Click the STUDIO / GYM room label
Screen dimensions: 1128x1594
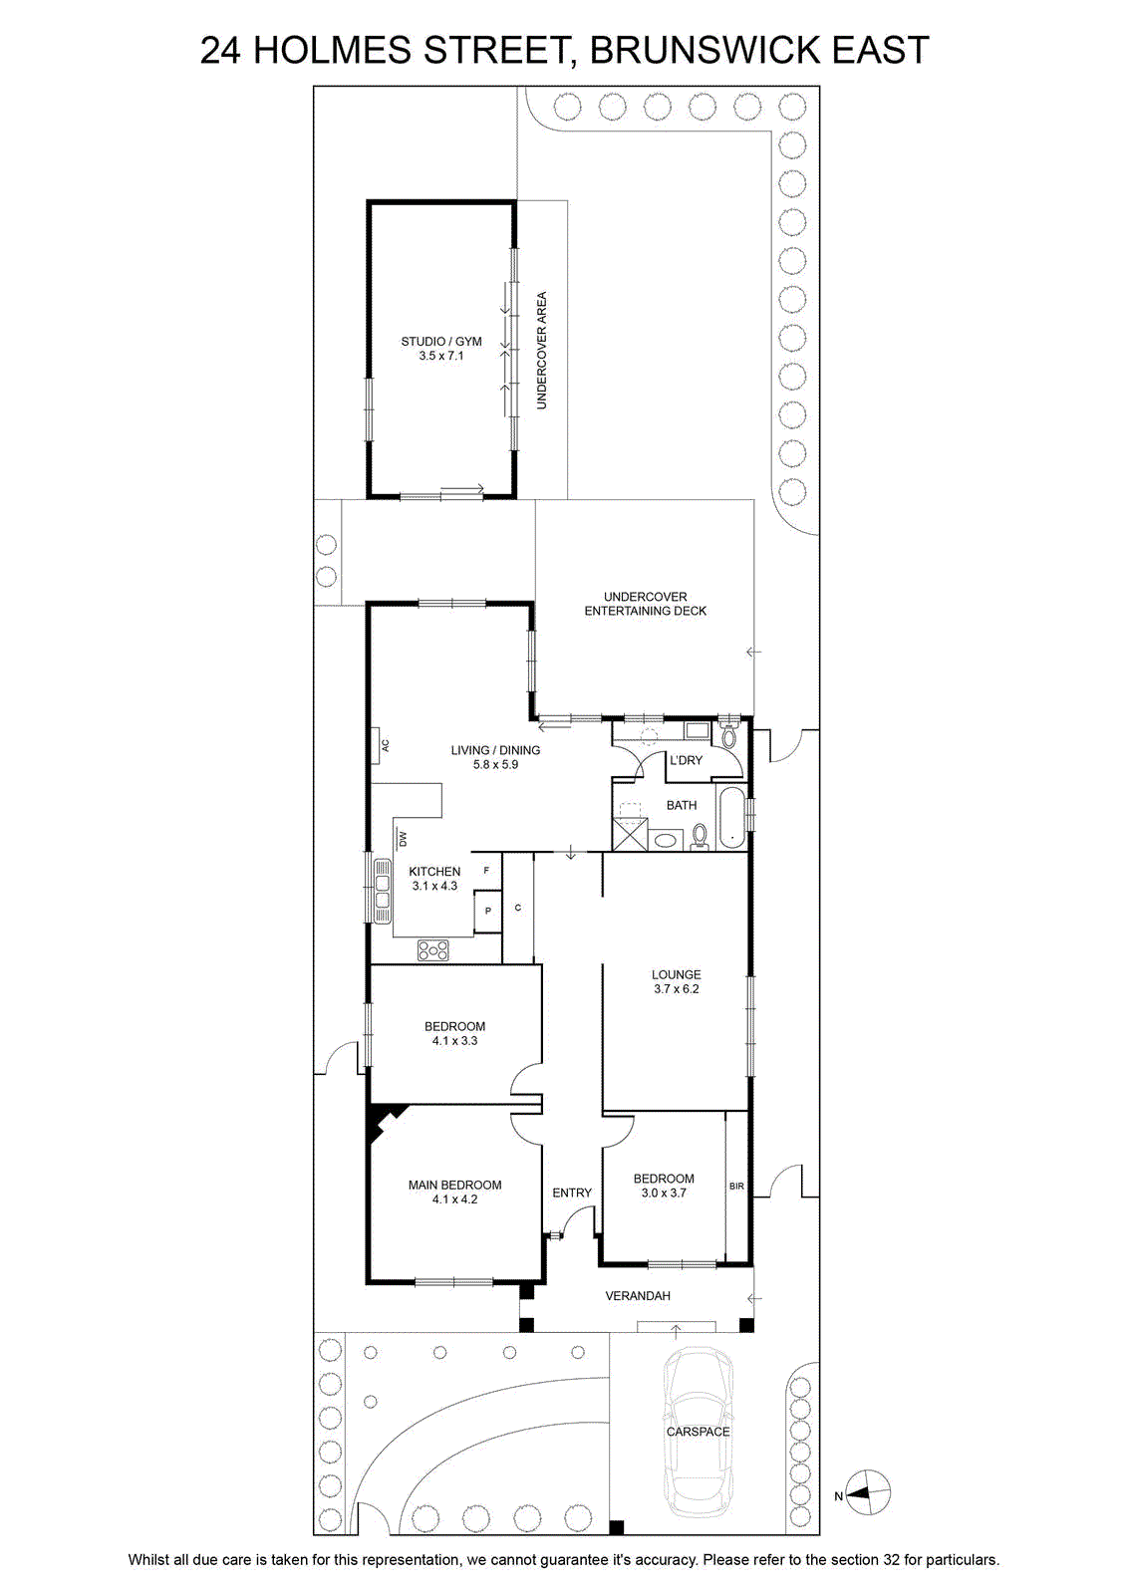[x=440, y=342]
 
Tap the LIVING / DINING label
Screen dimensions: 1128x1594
[x=495, y=750]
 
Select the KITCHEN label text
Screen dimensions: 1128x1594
[x=434, y=872]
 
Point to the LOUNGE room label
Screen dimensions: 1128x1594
[x=676, y=975]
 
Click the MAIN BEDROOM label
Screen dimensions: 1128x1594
[x=454, y=1185]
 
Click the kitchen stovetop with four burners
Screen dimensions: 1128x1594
[x=433, y=950]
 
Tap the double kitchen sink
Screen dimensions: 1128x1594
[x=383, y=892]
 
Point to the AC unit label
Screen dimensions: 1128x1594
[x=386, y=746]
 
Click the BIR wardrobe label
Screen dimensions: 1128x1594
[x=736, y=1187]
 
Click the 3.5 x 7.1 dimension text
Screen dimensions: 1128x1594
[x=440, y=356]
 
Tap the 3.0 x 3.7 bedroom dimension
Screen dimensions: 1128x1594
[x=664, y=1194]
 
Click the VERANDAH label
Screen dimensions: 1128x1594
[x=638, y=1296]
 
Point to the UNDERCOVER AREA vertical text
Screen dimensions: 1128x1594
[x=542, y=350]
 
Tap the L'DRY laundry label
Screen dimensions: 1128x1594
[x=686, y=760]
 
